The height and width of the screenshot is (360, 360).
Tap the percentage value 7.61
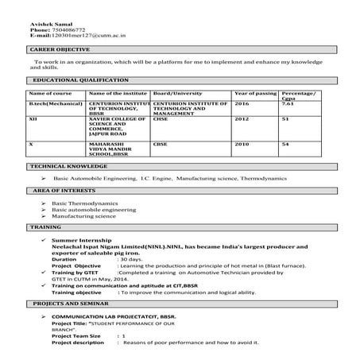point(288,104)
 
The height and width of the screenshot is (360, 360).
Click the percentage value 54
point(285,145)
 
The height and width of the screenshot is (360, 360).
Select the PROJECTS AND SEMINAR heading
point(68,305)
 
